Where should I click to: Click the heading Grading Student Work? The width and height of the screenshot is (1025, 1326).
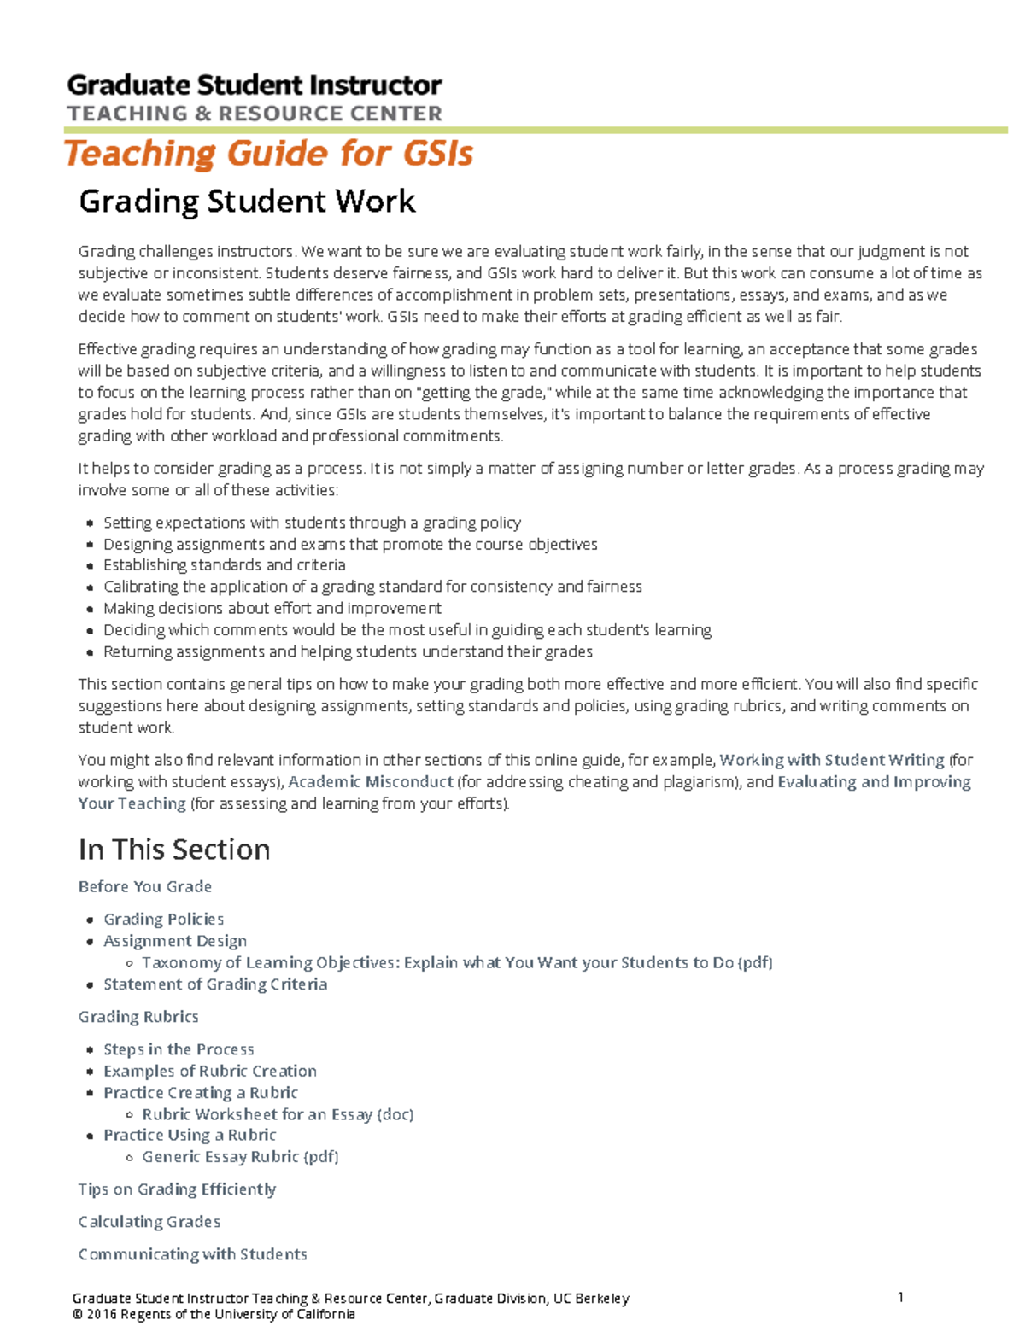(x=247, y=202)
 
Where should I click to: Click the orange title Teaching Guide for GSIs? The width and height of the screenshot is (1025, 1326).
(x=268, y=155)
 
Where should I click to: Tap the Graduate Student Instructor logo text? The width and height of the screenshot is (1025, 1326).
(x=255, y=85)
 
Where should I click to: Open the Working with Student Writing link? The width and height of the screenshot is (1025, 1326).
(x=832, y=760)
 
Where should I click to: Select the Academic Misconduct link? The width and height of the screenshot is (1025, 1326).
(x=371, y=781)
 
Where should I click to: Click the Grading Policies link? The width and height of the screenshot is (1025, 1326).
(x=163, y=919)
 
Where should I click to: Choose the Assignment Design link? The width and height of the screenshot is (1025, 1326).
(x=175, y=940)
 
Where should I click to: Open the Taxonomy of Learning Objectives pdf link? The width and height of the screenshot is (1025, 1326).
(x=457, y=962)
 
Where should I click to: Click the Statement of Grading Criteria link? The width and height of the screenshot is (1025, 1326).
(x=215, y=984)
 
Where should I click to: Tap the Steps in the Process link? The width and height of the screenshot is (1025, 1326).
(x=179, y=1049)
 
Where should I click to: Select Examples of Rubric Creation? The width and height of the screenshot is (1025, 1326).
(x=210, y=1071)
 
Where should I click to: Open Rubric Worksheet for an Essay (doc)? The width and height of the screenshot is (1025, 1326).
(x=278, y=1114)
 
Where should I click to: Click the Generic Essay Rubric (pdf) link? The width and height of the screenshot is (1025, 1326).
(x=240, y=1157)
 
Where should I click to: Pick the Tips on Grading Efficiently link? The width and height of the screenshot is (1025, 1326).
(x=177, y=1189)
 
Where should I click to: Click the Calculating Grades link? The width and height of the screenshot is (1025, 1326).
(x=149, y=1222)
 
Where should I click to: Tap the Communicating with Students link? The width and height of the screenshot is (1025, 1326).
(x=192, y=1254)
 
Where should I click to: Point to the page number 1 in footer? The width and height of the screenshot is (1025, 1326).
(x=900, y=1297)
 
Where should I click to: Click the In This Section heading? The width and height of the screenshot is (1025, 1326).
(x=174, y=850)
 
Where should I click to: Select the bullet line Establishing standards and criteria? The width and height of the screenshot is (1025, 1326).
(x=224, y=565)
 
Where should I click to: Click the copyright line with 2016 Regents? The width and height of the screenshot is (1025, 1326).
(x=214, y=1314)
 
